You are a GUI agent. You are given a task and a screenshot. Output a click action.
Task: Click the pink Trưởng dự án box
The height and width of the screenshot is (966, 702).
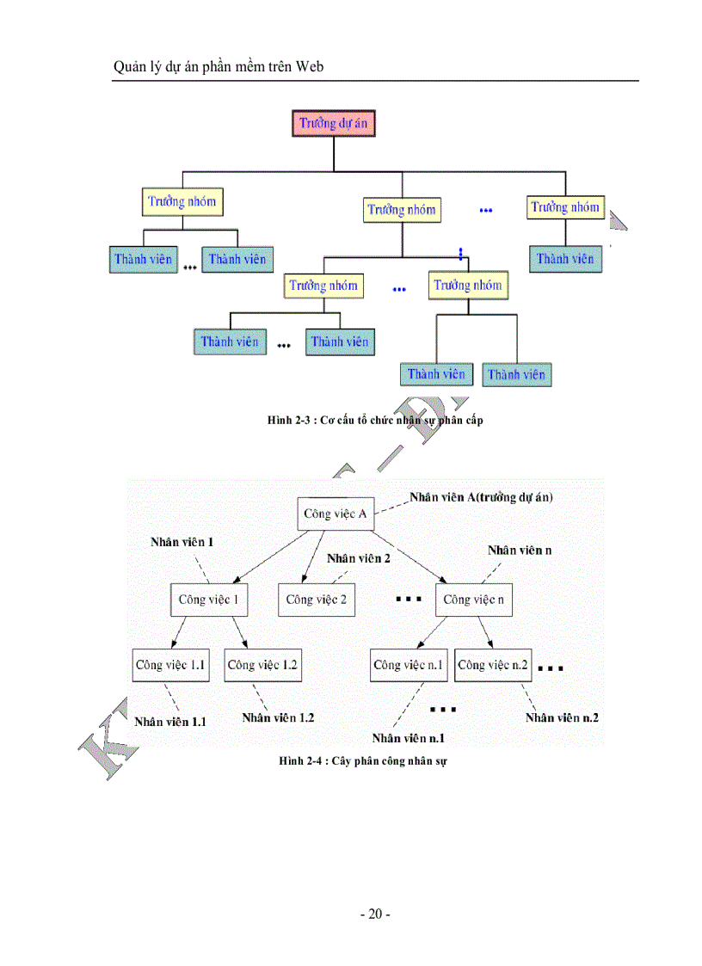coord(333,123)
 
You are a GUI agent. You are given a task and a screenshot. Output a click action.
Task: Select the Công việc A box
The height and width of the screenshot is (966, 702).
coord(336,514)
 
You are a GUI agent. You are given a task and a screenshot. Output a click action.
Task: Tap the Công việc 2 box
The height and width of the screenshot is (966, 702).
coord(316,600)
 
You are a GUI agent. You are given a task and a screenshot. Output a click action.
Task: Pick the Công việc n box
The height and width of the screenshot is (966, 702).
coord(473,600)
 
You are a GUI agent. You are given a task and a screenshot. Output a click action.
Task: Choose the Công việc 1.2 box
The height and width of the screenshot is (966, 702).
coord(263,665)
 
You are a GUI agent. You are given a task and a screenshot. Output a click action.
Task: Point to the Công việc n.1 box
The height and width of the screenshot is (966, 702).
coord(409,665)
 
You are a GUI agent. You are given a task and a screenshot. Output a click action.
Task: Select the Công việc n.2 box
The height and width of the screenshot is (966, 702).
coord(493,665)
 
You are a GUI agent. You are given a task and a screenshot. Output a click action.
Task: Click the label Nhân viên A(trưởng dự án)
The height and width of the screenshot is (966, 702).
coord(481,497)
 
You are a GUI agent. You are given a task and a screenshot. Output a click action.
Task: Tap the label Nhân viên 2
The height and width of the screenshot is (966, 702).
coord(358,558)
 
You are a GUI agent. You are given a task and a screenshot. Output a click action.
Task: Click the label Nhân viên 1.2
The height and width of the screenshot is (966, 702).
coord(278,717)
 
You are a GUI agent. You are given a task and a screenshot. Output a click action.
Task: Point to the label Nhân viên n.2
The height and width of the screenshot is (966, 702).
coord(562,717)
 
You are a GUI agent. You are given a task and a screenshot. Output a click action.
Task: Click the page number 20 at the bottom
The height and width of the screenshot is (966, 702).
coord(374,914)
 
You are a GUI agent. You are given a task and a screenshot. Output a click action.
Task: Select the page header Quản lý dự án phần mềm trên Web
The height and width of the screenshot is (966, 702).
coord(219,66)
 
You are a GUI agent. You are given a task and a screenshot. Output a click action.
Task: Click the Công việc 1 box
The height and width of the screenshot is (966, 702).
coord(208,600)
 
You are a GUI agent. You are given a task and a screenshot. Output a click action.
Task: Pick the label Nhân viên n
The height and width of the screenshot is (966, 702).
coord(514,550)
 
